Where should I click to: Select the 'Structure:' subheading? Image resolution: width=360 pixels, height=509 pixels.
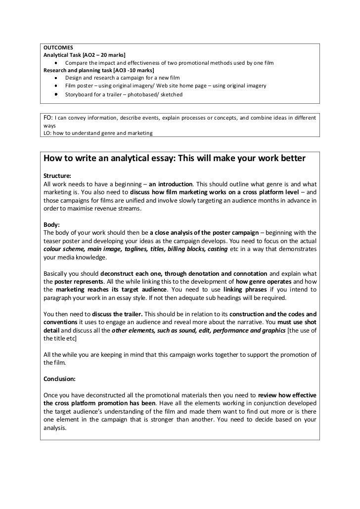[57, 175]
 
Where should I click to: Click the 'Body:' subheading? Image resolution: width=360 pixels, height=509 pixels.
[51, 224]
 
